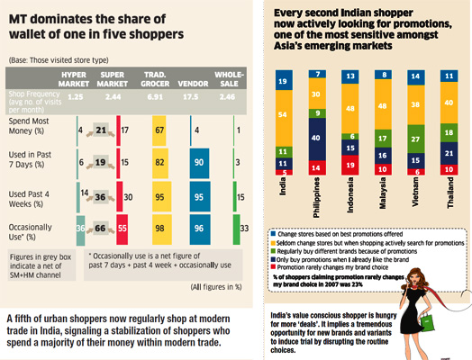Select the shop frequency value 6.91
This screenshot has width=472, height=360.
[x=162, y=93]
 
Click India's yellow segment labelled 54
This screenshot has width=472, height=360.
[x=284, y=115]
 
